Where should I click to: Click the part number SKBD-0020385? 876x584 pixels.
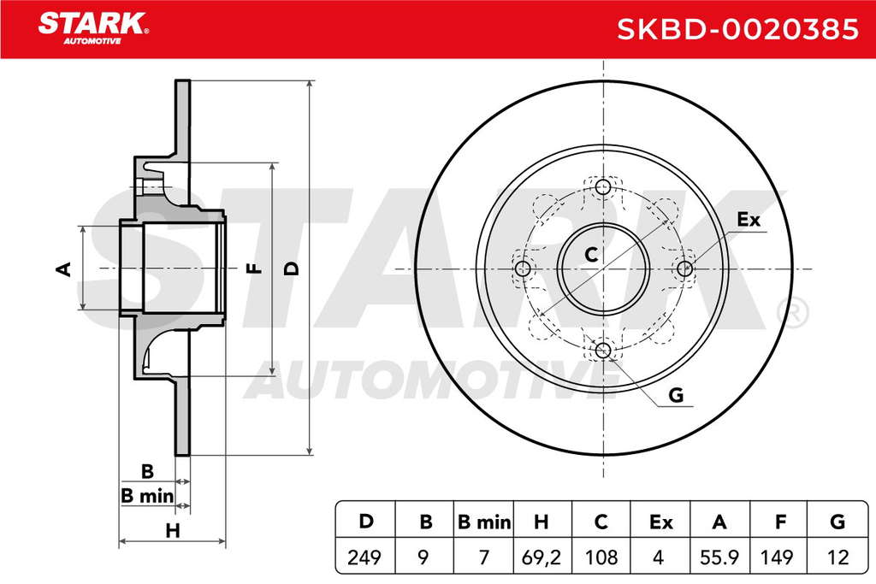pos(737,29)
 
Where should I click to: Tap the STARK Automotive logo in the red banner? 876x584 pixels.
pos(92,28)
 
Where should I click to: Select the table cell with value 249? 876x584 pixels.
pos(364,557)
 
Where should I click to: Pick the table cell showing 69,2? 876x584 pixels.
pos(541,557)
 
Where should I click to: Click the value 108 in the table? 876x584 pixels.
pos(601,557)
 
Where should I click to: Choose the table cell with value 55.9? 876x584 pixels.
pos(719,557)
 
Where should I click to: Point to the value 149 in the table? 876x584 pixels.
pos(778,557)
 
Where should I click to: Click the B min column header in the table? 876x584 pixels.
pos(484,522)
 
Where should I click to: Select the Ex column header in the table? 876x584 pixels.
pos(660,522)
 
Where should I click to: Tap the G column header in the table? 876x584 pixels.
pos(838,522)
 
